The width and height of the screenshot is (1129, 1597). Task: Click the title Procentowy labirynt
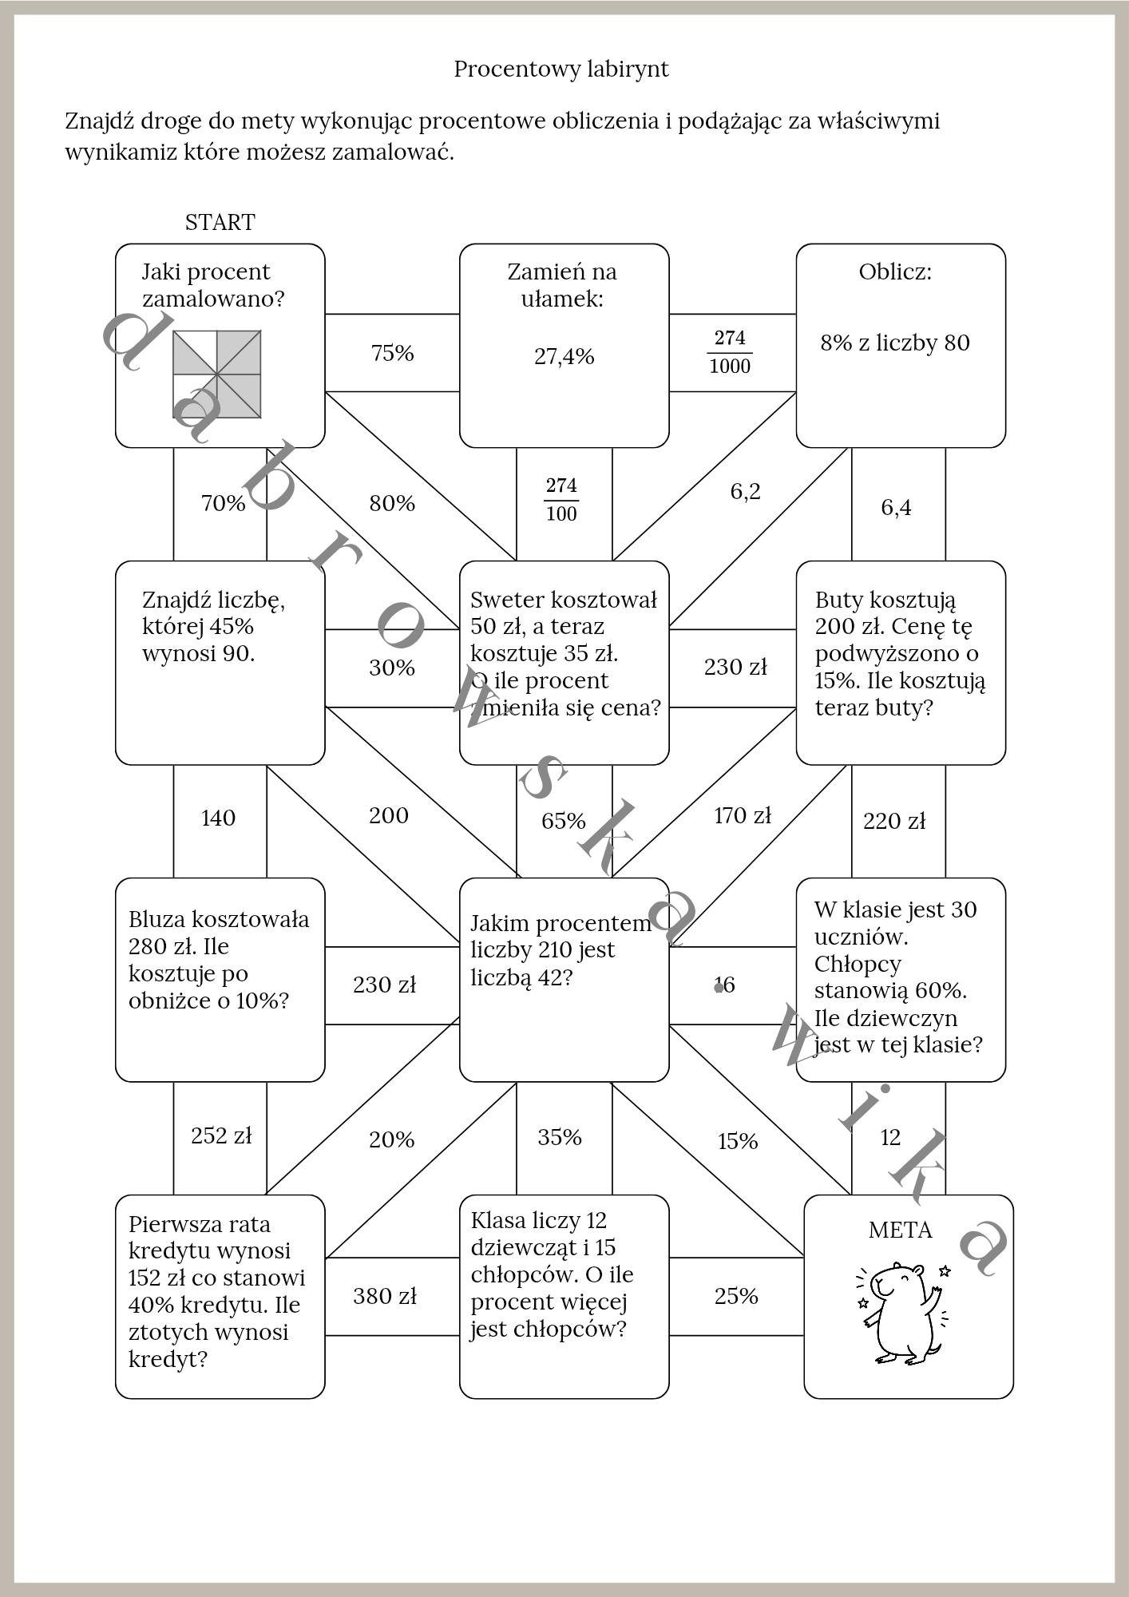(x=561, y=69)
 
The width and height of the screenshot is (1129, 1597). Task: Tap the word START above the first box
(x=220, y=222)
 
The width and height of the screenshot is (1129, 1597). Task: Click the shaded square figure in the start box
(x=217, y=374)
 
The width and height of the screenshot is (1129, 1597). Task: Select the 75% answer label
(x=392, y=353)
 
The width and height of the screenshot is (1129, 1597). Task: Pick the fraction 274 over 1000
(x=730, y=352)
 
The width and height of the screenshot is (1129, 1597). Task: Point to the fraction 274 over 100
(x=561, y=500)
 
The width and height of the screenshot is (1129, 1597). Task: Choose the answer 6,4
(x=896, y=507)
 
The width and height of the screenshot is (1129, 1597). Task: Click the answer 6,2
(x=745, y=491)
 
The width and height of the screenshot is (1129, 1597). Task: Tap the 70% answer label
(x=223, y=503)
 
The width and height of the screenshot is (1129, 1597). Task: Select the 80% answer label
(x=392, y=503)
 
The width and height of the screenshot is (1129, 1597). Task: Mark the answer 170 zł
(x=742, y=815)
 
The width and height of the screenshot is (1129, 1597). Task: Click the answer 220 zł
(x=894, y=821)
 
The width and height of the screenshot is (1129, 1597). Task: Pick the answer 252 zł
(x=221, y=1135)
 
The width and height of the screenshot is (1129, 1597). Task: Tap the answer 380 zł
(x=385, y=1296)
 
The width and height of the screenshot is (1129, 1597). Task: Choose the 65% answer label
(x=563, y=821)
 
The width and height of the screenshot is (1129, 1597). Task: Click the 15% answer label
(x=737, y=1141)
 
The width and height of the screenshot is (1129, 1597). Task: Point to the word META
(x=901, y=1230)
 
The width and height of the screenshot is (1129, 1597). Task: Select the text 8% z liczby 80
(x=895, y=343)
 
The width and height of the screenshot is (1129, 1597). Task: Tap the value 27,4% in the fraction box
(x=564, y=356)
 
